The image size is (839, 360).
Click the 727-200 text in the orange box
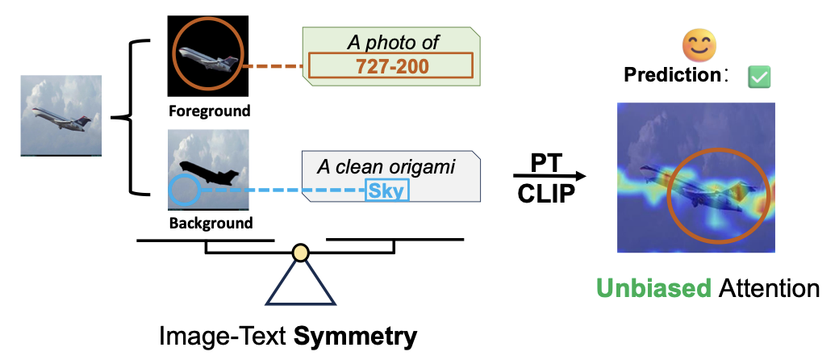392,67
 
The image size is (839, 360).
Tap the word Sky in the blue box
387,190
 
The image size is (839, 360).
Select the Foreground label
209,111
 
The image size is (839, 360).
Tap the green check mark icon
759,77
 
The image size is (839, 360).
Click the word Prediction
671,77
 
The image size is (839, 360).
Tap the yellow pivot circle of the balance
300,253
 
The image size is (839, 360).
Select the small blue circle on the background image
185,190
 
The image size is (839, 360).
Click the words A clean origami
386,167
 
